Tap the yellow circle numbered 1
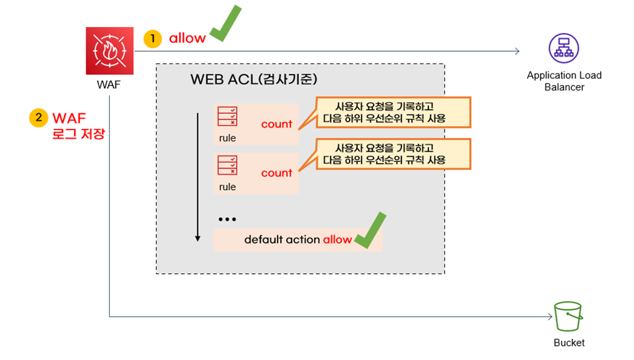[153, 38]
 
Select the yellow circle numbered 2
[38, 117]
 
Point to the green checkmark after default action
[370, 231]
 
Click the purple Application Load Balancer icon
[563, 48]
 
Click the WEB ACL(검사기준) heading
[254, 79]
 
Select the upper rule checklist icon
[226, 117]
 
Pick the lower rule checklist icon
[226, 165]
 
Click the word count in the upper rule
[276, 124]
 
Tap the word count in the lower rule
[276, 173]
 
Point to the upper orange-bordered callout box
[393, 112]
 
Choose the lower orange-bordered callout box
[393, 154]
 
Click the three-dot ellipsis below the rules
[227, 220]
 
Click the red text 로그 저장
[80, 133]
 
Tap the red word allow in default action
[337, 239]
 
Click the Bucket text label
[569, 342]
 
